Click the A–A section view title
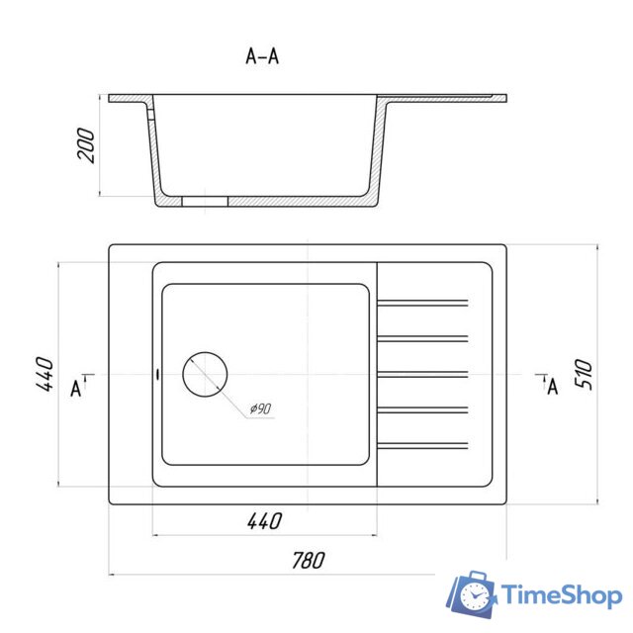click(x=262, y=56)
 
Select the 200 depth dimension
click(x=86, y=145)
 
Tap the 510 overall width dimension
click(x=584, y=374)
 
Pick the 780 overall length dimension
click(x=308, y=560)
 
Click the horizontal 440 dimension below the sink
click(x=264, y=521)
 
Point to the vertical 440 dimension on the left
click(x=45, y=374)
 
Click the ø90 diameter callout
click(x=260, y=408)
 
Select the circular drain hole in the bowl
click(x=205, y=374)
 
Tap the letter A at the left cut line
click(x=76, y=389)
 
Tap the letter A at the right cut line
click(x=553, y=387)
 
